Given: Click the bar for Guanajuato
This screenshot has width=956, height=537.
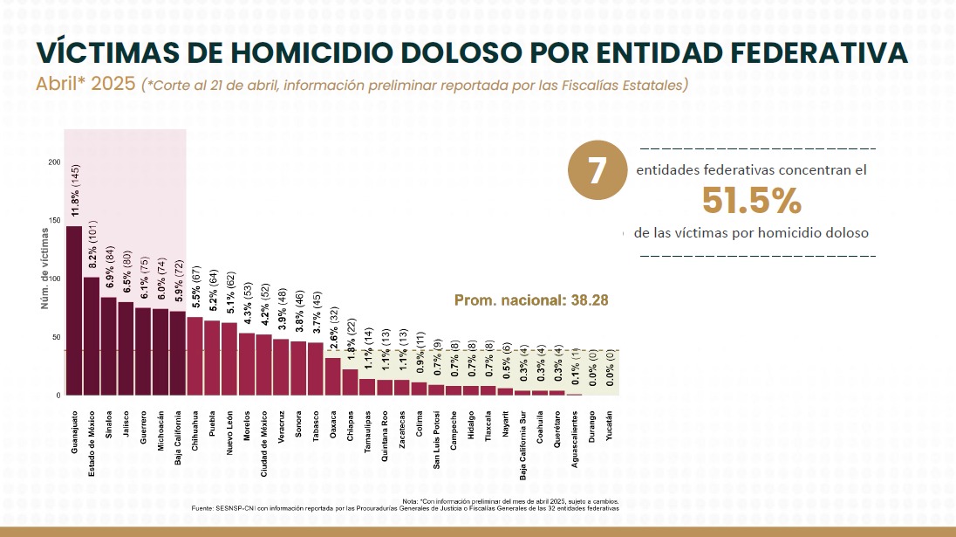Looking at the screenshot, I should coord(74,310).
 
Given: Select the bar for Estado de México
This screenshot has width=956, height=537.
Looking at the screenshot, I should coord(92,336).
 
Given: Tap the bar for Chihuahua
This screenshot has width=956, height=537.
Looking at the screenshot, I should coord(195,355).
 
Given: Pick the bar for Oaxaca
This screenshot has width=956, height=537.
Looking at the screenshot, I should coord(333,376).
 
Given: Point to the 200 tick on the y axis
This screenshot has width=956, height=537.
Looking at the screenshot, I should coord(54,162).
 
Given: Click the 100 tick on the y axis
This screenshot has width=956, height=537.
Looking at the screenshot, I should coord(54,279).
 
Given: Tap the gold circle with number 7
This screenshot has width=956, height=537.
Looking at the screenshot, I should coord(597,171).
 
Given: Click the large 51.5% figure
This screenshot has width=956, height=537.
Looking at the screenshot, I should coord(751,202).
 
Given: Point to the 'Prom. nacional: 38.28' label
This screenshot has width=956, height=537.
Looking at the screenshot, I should coord(531,299).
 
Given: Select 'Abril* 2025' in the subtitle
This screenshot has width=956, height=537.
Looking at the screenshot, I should coord(85,85).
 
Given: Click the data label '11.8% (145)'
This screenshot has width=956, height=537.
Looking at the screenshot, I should coord(76,190).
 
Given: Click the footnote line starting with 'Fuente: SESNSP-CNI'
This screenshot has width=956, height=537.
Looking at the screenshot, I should coord(405,508).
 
